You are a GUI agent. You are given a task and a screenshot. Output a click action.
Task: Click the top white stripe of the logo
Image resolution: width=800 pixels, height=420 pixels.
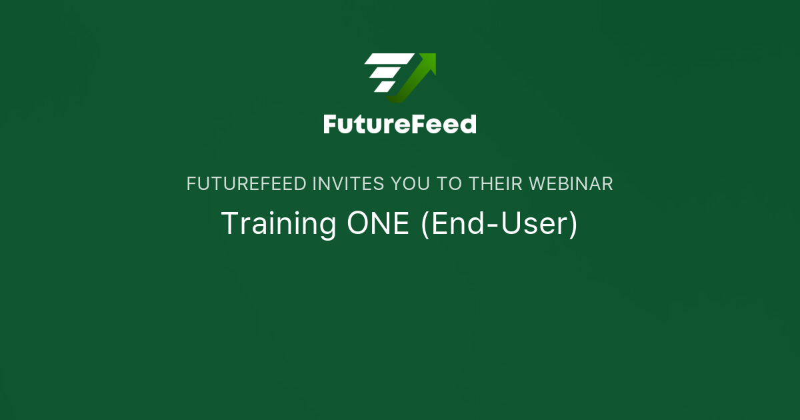[389, 59]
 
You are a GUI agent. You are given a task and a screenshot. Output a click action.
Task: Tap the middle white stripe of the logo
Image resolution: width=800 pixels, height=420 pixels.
[385, 73]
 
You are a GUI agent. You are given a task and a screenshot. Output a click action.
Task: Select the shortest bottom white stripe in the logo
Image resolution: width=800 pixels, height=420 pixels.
[383, 87]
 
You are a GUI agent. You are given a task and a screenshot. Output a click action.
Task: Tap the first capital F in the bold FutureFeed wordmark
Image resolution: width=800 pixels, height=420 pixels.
[331, 124]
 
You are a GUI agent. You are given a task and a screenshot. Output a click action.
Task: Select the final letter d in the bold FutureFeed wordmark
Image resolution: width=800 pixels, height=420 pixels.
[468, 124]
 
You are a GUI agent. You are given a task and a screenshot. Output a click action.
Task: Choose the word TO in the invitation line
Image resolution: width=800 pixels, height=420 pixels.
[454, 184]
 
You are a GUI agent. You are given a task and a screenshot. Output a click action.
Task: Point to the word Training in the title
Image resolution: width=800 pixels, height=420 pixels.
[279, 224]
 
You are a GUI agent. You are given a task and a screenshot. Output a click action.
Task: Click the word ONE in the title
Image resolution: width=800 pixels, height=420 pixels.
[378, 224]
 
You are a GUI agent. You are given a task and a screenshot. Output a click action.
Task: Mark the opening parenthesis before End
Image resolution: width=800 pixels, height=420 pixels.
[425, 225]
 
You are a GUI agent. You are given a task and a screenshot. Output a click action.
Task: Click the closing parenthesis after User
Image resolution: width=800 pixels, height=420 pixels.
[573, 225]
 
